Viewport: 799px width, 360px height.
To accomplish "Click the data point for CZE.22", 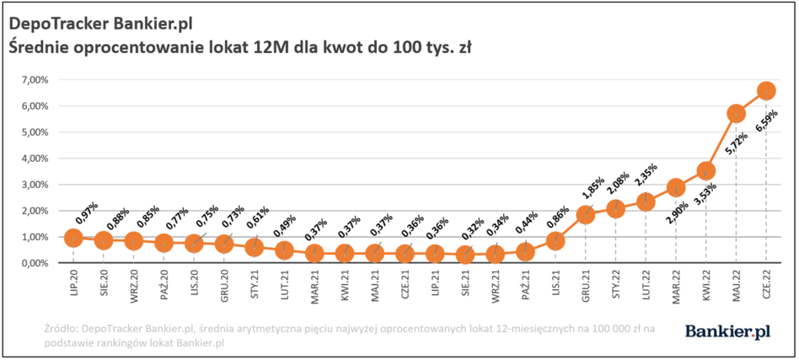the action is click(x=766, y=91).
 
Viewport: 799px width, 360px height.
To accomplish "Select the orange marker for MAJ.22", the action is click(x=736, y=114).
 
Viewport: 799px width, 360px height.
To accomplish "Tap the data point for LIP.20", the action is click(x=73, y=238).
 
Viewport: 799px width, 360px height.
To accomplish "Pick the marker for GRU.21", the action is click(x=586, y=215).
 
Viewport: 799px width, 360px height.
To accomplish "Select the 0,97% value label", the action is click(x=87, y=213).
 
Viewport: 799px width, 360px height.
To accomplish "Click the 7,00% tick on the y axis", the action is click(x=35, y=80).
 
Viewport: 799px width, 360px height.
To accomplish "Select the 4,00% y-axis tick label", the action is click(x=35, y=159).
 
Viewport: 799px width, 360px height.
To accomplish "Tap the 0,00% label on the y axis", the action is click(x=35, y=264).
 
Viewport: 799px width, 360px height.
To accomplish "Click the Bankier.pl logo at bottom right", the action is click(x=727, y=331).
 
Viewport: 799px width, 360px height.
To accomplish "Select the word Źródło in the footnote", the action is click(x=59, y=329).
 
